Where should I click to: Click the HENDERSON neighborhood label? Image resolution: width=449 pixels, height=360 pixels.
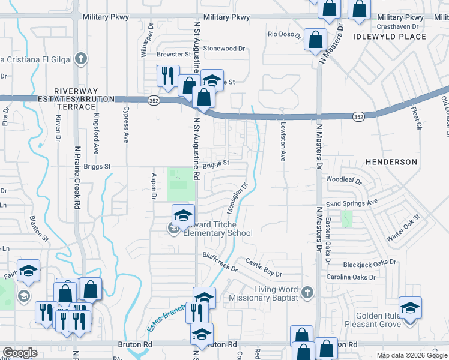(391, 162)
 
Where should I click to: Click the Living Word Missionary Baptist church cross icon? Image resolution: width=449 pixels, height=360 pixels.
(307, 292)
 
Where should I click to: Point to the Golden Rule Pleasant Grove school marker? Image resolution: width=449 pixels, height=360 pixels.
(410, 308)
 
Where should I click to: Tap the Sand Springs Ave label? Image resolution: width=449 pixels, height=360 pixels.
(351, 203)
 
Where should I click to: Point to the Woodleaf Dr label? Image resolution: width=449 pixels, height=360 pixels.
(344, 179)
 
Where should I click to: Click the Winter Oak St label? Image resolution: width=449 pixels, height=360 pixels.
(403, 229)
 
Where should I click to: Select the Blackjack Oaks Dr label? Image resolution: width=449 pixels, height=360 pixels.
(370, 263)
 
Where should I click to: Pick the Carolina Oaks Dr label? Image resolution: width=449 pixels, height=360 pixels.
(351, 277)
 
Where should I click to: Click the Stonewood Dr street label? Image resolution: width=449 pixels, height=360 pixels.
(224, 48)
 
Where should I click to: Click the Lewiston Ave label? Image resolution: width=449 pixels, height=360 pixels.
(282, 142)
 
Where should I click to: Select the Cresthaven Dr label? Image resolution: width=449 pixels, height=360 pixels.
(401, 26)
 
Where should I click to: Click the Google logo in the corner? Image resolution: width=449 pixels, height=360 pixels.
(19, 353)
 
